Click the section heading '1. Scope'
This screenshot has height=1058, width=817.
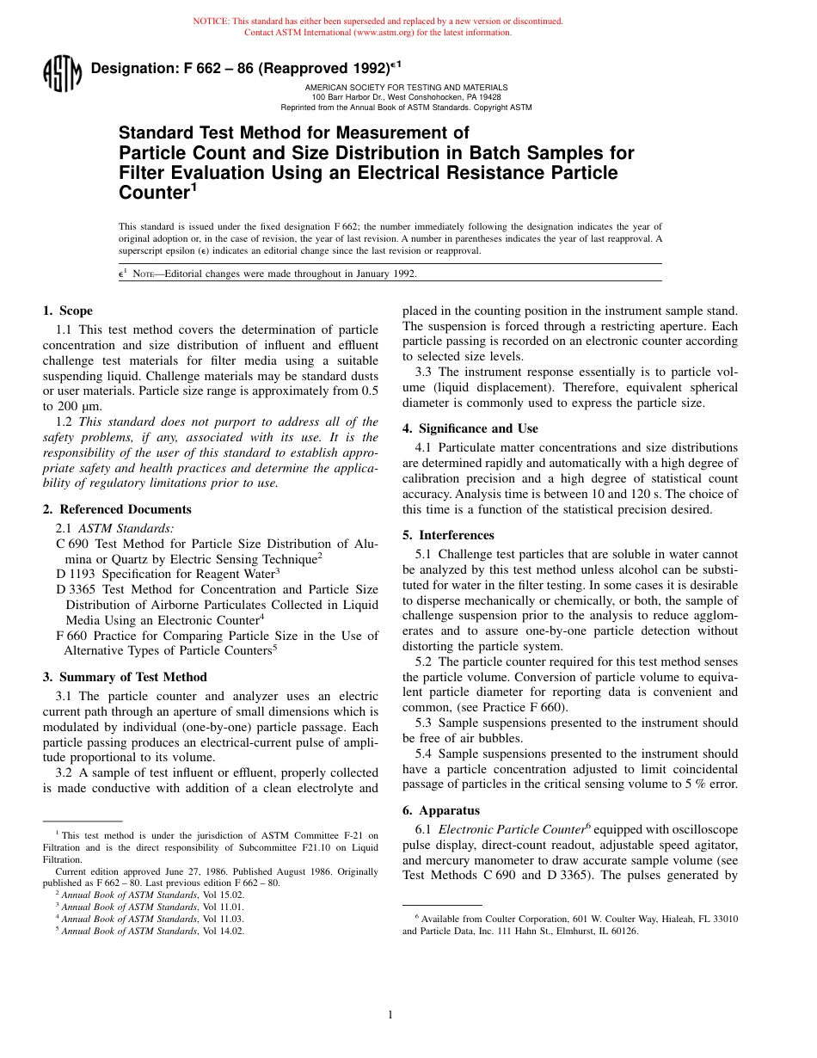pyautogui.click(x=68, y=311)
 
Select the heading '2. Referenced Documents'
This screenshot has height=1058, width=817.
pyautogui.click(x=117, y=509)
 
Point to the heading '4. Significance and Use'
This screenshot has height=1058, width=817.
pyautogui.click(x=470, y=428)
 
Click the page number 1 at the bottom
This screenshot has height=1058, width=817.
pyautogui.click(x=390, y=1015)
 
